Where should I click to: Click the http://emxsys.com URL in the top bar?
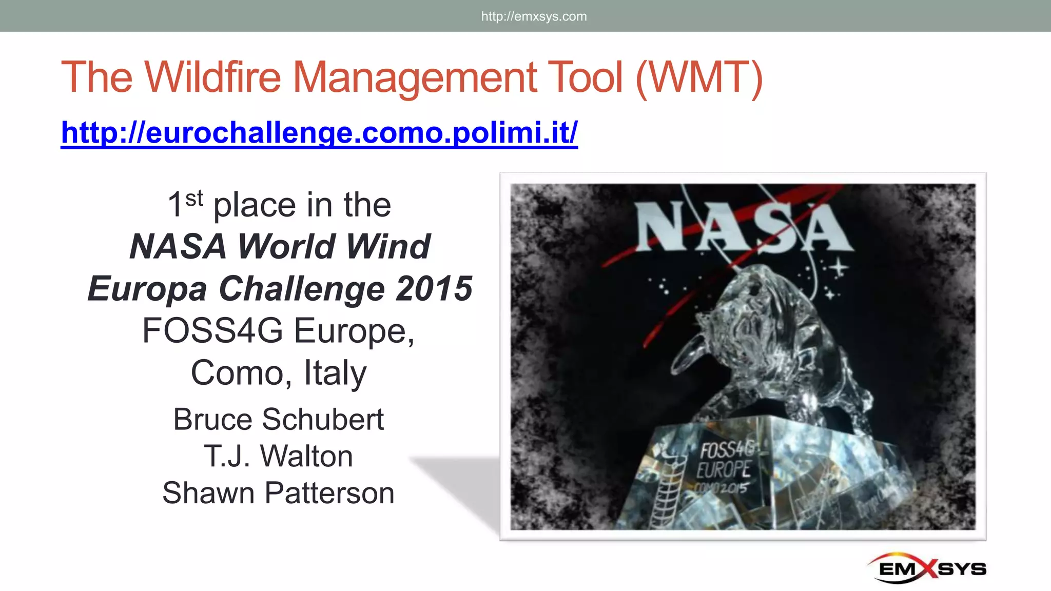pos(534,16)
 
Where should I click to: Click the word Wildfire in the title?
pos(212,77)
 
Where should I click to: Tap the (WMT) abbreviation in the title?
pos(699,77)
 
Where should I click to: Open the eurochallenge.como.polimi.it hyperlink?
pos(319,132)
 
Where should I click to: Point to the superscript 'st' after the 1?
pos(194,198)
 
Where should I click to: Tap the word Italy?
pos(335,372)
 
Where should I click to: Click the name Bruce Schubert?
pos(278,419)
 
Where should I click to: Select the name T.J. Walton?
pos(278,456)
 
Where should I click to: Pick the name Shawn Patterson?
pos(278,493)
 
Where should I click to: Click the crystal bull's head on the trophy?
pos(739,308)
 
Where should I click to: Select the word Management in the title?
pos(413,77)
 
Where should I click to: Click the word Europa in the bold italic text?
pos(147,288)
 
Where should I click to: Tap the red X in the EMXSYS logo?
pos(927,568)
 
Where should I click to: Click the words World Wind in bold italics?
pos(334,246)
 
